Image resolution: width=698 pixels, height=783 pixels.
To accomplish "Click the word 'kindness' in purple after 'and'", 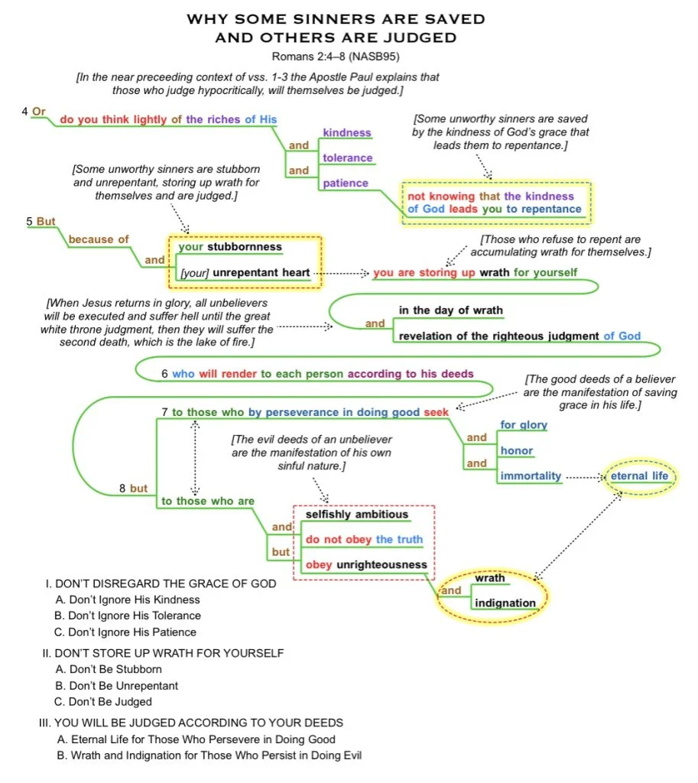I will click(346, 133).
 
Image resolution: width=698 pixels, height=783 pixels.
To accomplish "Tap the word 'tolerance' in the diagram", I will click(347, 158).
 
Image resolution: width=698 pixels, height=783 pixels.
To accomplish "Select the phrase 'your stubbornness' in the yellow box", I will click(230, 247).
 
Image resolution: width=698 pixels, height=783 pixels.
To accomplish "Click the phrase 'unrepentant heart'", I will click(261, 272).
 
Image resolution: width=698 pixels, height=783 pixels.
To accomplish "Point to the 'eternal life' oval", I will click(639, 476).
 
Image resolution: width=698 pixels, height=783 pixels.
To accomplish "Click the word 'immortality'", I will click(531, 476).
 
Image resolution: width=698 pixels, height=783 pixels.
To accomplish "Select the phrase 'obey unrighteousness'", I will click(366, 565).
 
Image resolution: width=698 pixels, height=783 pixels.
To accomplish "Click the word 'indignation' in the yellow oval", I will click(505, 603).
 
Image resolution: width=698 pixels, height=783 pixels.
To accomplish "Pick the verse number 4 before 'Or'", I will click(25, 112).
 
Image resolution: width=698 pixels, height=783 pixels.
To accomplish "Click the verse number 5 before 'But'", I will click(29, 222).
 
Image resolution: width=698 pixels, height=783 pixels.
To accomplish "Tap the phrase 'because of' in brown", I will click(99, 239).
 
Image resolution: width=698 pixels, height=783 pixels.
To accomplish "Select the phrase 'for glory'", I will click(524, 425).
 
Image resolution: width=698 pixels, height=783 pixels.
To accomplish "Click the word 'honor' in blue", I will click(517, 450).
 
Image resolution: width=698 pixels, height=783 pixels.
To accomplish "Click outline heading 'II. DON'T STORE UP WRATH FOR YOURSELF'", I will click(164, 653).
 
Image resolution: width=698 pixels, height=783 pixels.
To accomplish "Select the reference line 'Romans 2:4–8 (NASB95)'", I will click(335, 57).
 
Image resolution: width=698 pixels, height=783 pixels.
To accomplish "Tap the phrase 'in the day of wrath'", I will click(451, 310).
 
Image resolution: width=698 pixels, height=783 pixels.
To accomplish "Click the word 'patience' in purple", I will click(346, 184).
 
